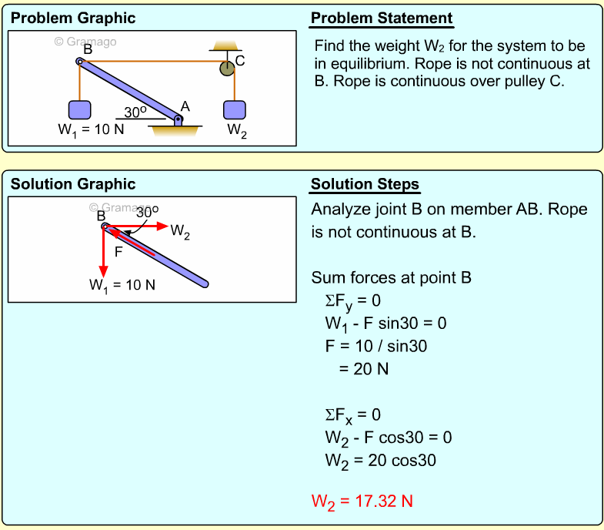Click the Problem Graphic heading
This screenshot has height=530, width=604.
[73, 18]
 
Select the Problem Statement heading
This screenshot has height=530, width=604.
[382, 18]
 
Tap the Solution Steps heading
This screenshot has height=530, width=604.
[365, 185]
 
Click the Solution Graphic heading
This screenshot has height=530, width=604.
[73, 184]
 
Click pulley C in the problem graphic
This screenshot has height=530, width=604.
[227, 69]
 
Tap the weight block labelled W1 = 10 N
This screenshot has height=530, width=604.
[79, 110]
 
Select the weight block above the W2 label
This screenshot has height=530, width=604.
[235, 109]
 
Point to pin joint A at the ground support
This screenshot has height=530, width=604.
[179, 119]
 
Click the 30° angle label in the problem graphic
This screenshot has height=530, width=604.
[136, 112]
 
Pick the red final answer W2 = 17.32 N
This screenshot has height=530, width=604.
[362, 501]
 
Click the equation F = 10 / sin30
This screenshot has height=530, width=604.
[375, 346]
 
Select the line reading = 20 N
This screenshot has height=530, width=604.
[364, 369]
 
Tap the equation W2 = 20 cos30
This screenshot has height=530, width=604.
[380, 461]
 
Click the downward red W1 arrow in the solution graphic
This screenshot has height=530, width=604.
[102, 254]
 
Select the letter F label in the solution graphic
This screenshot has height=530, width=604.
[118, 252]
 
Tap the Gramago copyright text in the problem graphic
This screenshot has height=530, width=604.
[85, 42]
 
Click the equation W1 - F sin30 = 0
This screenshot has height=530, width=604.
[385, 323]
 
